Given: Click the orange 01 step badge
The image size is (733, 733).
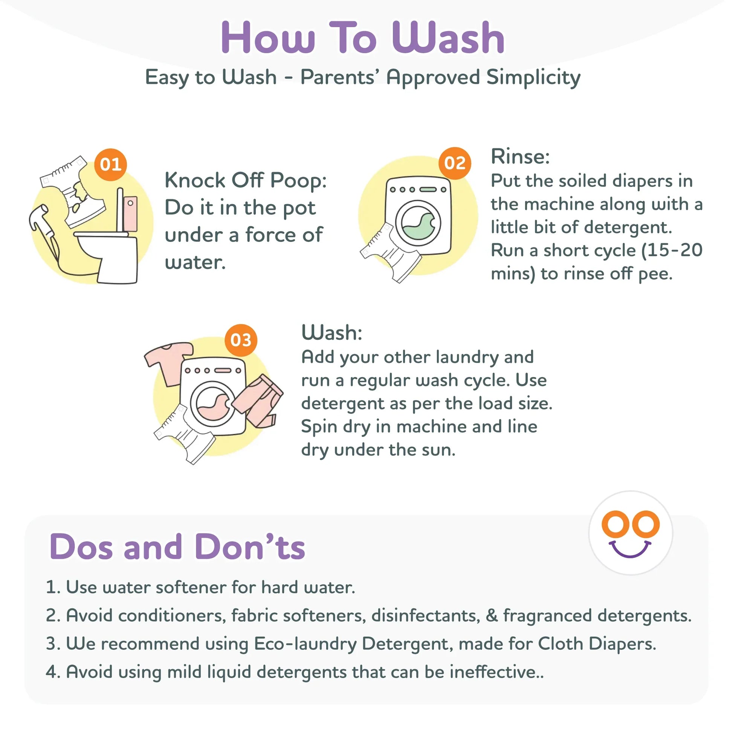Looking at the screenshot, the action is (111, 165).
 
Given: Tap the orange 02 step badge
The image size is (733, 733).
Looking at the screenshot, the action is (455, 163).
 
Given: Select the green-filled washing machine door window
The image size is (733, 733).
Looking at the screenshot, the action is (418, 223).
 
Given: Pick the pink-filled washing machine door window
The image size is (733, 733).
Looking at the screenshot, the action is (213, 403).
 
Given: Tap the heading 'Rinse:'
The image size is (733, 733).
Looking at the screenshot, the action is (520, 156).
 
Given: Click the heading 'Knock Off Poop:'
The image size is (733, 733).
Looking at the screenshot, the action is (246, 181).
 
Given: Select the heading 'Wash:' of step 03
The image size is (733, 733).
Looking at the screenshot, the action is (332, 333).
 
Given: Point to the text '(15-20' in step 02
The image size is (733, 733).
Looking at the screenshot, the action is (672, 251).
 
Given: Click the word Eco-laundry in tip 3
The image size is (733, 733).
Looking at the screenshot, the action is (305, 644).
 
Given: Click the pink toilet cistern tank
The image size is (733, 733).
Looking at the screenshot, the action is (130, 214).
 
